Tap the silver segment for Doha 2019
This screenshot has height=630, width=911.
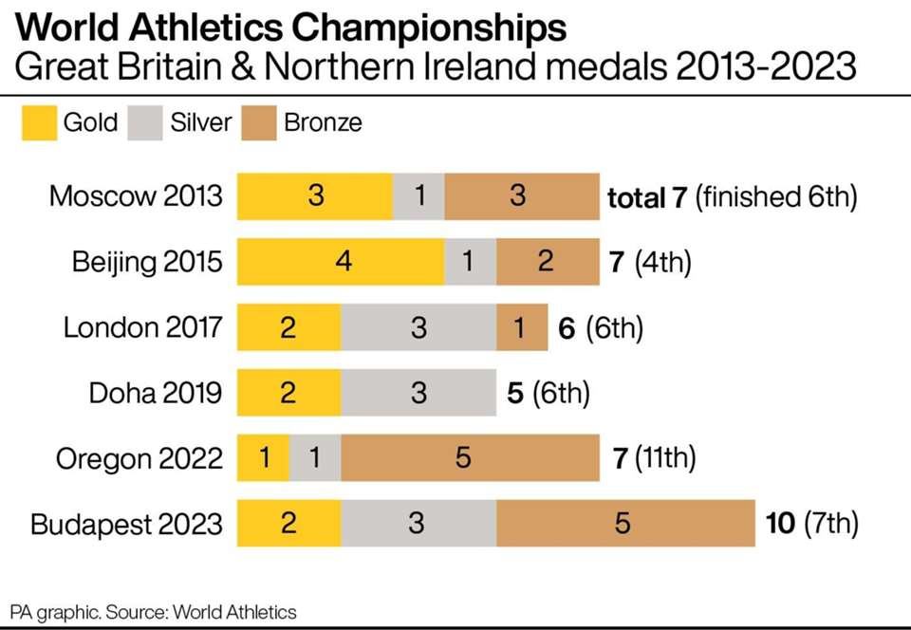pyautogui.click(x=418, y=393)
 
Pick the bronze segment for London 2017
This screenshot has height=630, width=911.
pyautogui.click(x=521, y=327)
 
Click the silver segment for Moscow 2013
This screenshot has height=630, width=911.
pyautogui.click(x=418, y=196)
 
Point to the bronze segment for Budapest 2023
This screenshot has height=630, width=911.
pyautogui.click(x=624, y=524)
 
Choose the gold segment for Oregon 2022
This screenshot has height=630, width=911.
pyautogui.click(x=263, y=458)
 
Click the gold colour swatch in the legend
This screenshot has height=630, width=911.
pyautogui.click(x=38, y=123)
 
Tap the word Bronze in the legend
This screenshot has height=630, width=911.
pyautogui.click(x=323, y=123)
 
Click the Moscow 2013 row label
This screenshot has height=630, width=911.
pyautogui.click(x=136, y=196)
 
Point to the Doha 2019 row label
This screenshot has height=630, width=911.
pyautogui.click(x=156, y=393)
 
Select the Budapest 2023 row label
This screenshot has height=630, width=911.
pyautogui.click(x=126, y=524)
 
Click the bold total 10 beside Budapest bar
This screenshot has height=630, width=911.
pyautogui.click(x=780, y=524)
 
